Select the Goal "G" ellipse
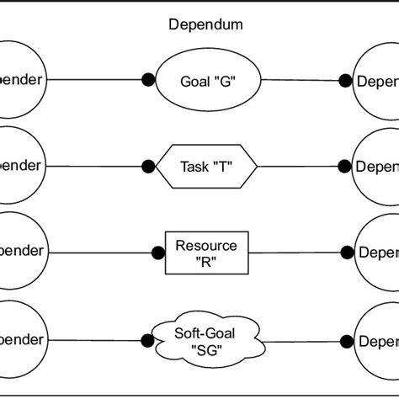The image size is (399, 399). [x=206, y=81]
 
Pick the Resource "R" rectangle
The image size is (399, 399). [x=206, y=253]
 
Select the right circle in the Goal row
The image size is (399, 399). [x=377, y=81]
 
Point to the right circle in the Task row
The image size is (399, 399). [x=377, y=166]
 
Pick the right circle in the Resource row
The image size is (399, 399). [x=377, y=252]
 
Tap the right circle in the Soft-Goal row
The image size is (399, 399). [x=377, y=340]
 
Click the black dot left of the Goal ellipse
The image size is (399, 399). [x=148, y=81]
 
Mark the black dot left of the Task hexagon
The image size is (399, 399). [x=148, y=166]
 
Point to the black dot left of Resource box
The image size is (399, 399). [x=157, y=252]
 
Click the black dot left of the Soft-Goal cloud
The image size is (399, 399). [x=148, y=340]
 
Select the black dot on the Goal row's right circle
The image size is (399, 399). [x=345, y=81]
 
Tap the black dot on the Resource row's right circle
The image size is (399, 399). [x=345, y=252]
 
